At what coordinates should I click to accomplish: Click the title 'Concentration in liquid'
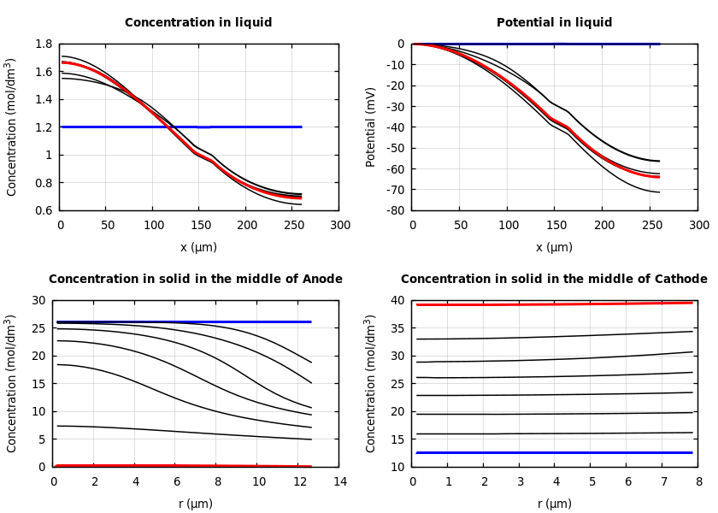(198, 23)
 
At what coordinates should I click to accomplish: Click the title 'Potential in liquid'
(554, 23)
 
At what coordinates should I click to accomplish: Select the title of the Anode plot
(196, 280)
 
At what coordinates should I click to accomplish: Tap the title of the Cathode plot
(554, 280)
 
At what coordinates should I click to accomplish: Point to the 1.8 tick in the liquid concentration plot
(43, 44)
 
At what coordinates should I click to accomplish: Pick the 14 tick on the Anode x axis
(340, 482)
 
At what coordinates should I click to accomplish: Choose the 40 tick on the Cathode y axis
(397, 300)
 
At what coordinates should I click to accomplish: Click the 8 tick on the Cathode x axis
(699, 482)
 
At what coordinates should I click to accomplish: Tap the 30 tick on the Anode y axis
(38, 300)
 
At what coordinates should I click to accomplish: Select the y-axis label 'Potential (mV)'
(371, 127)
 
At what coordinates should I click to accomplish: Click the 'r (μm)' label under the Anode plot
(196, 504)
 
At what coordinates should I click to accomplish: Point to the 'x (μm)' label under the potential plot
(554, 247)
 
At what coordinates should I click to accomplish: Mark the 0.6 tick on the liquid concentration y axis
(43, 210)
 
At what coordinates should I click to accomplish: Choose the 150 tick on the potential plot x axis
(556, 226)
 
